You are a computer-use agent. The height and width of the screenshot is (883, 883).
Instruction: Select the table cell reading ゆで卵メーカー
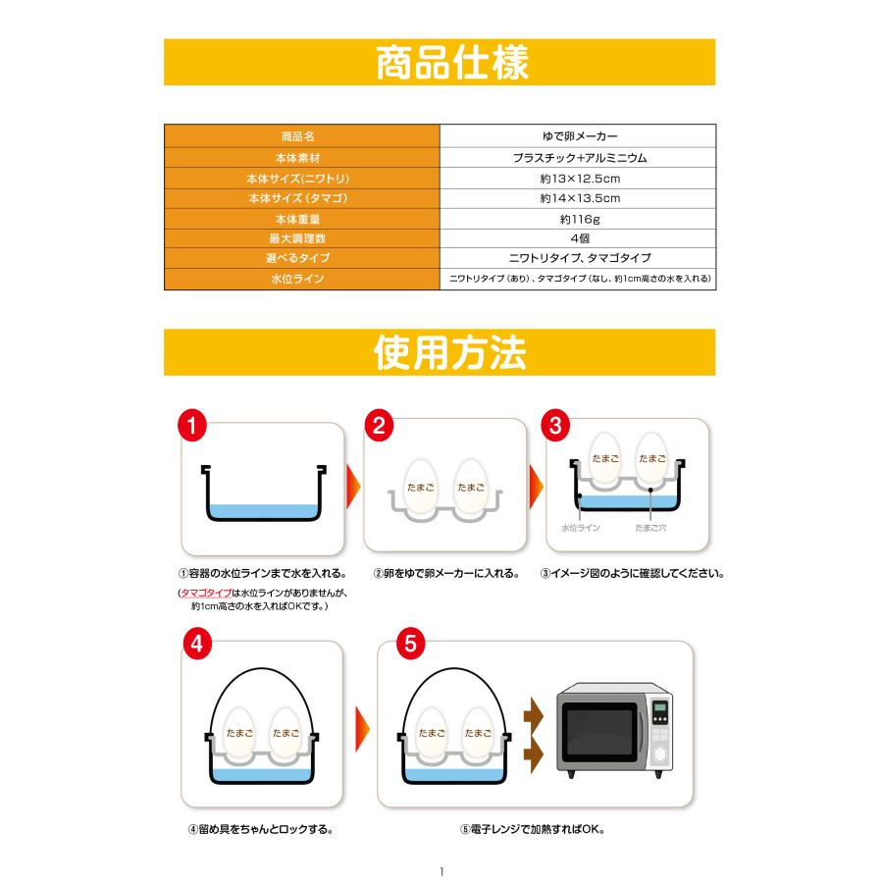pos(579,136)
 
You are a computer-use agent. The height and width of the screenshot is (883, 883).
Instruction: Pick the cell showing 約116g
pos(579,219)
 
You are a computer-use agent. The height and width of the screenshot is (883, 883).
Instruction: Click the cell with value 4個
pos(579,238)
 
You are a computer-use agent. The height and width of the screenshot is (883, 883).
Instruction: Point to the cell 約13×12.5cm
pos(579,178)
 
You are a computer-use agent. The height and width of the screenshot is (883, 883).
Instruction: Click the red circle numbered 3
pos(556,426)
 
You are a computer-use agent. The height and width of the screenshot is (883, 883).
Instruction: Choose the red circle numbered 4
pos(197,645)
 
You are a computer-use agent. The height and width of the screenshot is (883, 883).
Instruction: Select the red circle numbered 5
pos(410,645)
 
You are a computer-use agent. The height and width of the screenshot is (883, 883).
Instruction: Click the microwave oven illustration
pos(616,732)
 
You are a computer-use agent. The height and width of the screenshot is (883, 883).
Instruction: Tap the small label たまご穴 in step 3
pos(650,527)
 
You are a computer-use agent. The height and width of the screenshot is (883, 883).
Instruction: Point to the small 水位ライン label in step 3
pos(581,527)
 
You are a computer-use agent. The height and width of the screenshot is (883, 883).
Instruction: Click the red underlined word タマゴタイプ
pos(206,594)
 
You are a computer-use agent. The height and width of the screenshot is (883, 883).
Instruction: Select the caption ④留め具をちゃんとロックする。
pos(260,828)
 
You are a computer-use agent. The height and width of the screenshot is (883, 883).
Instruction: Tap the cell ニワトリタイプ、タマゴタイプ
pos(579,259)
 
